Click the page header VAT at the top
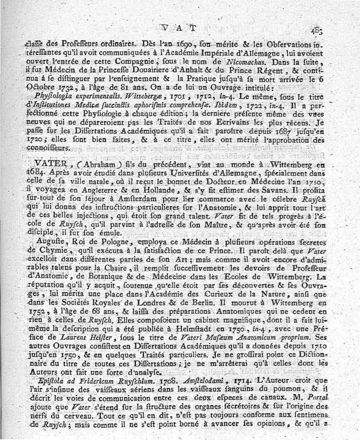tap(179, 28)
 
